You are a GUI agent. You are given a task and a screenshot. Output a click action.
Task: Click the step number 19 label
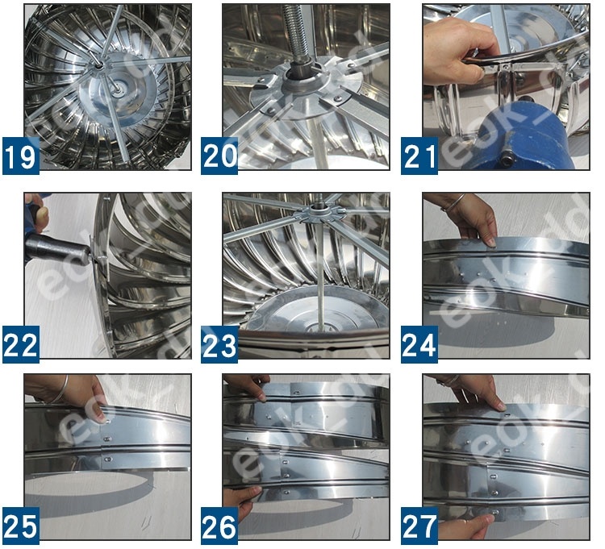(x=21, y=155)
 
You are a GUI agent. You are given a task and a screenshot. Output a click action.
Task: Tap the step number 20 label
(x=219, y=155)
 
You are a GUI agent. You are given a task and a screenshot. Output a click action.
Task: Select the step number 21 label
(x=420, y=155)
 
